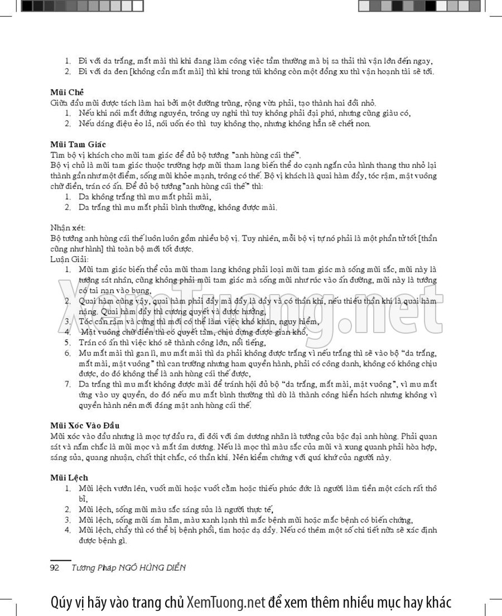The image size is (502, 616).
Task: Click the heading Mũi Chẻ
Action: coord(67,92)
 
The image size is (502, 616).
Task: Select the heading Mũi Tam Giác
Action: coord(78,144)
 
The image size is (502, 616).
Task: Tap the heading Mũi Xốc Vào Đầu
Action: coord(84,426)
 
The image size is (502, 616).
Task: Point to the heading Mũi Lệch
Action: coord(69,478)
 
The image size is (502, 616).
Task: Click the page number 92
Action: coord(55,568)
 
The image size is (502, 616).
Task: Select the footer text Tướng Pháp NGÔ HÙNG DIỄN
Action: coord(129,568)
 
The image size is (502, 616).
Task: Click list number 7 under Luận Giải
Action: coord(67,384)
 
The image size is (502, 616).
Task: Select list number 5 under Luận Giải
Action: coord(67,343)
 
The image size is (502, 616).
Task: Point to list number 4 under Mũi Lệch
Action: coord(67,530)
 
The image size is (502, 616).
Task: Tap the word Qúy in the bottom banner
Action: coord(61,603)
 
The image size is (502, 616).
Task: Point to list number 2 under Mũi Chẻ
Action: coord(67,123)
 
